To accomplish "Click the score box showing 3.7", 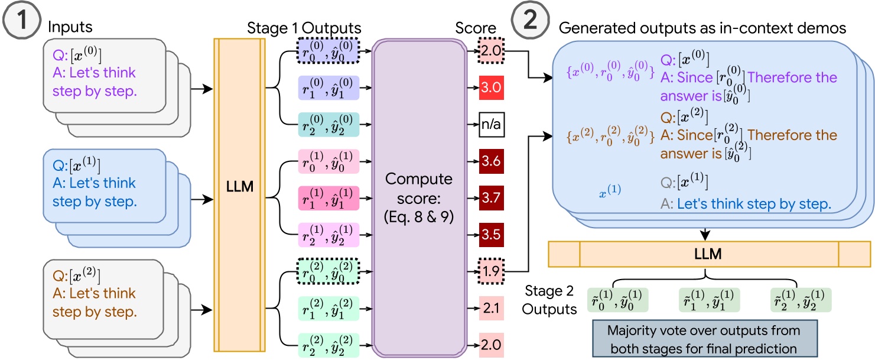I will [490, 197].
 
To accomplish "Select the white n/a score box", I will [490, 125].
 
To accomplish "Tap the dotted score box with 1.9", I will [490, 271].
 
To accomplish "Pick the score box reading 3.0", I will [490, 89].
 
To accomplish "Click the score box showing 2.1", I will [490, 308].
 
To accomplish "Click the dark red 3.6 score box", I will [490, 161].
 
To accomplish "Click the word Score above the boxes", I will [476, 28].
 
